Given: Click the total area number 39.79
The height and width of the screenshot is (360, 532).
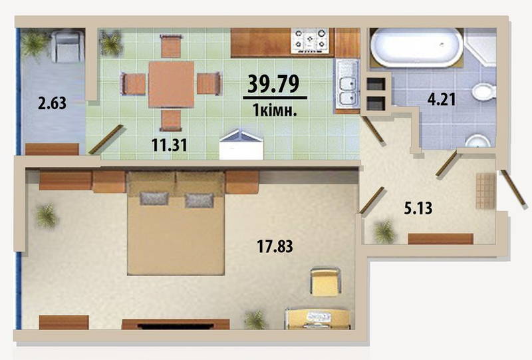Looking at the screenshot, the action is pos(273,84).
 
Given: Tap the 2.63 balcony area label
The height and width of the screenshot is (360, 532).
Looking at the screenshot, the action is pos(53,103).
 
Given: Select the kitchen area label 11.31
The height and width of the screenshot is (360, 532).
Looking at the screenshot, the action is pos(169,145).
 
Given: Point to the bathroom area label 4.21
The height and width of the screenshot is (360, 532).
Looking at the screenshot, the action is pos(441,100).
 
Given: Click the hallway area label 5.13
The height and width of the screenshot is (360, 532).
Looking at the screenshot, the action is pos(418,208).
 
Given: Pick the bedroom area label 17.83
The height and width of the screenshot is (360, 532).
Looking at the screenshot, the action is pos(275,246).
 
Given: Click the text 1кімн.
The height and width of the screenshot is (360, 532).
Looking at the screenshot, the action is pos(275,110).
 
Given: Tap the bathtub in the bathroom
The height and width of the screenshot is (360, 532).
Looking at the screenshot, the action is pos(417,47).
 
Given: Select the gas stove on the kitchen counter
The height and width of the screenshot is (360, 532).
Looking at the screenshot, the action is pos(310,41).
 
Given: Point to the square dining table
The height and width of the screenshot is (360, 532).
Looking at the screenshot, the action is pos(171,85).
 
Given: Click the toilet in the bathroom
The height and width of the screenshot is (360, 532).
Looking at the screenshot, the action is pos(484,92).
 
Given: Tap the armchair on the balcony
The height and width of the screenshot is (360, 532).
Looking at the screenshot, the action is pos(67,46).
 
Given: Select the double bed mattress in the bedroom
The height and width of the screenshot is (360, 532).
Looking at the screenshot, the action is pos(176,233).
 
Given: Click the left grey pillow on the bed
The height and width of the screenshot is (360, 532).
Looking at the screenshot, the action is pos(154,198).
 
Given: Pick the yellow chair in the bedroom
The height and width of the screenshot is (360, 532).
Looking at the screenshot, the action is pos(325,282).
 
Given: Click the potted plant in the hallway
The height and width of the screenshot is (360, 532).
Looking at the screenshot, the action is pos(385,232).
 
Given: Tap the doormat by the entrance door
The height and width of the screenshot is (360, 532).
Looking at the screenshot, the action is pos(485,190).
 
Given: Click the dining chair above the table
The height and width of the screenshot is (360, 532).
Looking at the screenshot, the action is pos(171,46).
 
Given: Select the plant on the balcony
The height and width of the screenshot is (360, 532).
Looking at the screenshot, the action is pos(35,43).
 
